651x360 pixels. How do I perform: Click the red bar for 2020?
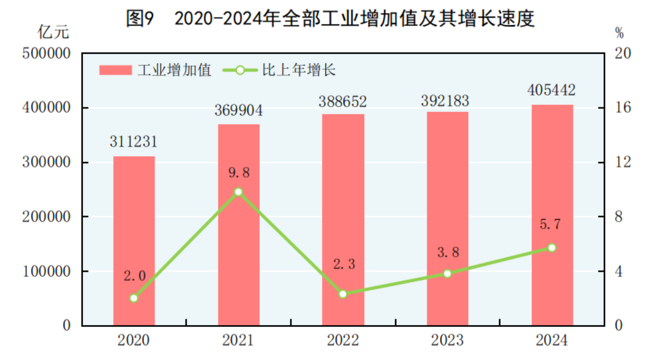[134, 240]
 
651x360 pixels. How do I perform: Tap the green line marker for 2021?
[239, 192]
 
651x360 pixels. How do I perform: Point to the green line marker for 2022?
[343, 294]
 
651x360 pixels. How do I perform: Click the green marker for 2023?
[447, 274]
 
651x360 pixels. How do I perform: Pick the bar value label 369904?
[239, 110]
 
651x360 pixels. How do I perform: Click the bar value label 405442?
[551, 90]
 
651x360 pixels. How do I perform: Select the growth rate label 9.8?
[239, 173]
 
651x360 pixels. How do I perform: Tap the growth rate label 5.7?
[550, 224]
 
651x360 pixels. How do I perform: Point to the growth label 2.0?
[134, 276]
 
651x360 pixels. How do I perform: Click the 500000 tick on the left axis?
[46, 53]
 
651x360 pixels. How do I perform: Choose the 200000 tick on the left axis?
[46, 217]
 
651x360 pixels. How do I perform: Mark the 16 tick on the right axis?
[623, 108]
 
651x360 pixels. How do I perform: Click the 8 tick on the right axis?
[618, 217]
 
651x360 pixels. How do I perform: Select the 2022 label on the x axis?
[343, 340]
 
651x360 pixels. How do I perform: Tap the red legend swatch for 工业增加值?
[116, 70]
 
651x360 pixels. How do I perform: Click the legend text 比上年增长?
[299, 70]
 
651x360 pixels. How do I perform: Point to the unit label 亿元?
[53, 32]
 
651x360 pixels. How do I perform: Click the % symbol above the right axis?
[619, 33]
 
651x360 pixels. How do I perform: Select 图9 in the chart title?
[140, 18]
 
